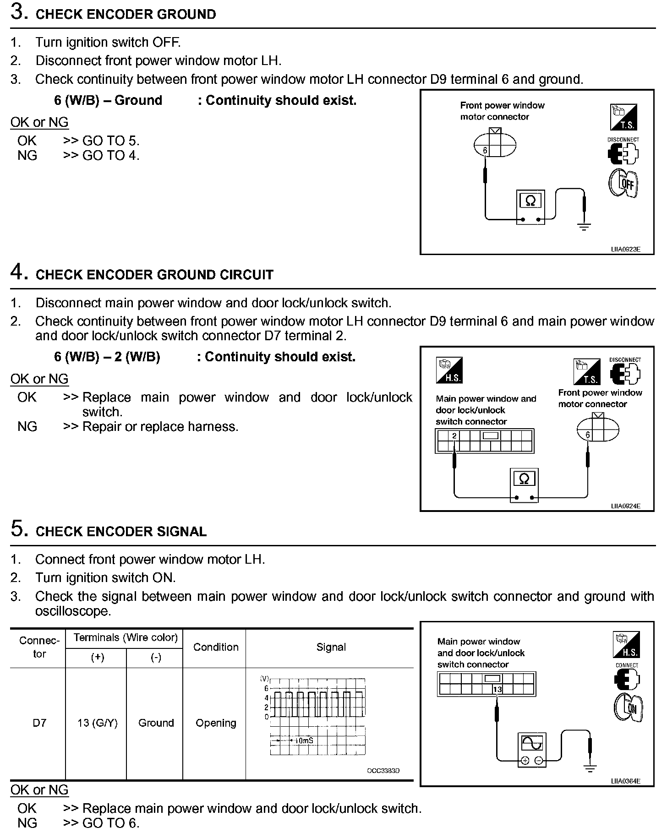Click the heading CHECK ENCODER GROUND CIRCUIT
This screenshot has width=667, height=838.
154,275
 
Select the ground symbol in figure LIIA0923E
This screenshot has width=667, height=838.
584,226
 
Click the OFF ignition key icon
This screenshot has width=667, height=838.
623,184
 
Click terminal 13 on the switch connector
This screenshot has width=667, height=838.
498,690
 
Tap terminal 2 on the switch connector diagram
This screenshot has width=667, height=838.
454,436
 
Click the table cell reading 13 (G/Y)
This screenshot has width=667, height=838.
97,723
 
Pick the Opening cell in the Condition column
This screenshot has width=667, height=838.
216,723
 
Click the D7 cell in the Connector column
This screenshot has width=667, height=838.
39,723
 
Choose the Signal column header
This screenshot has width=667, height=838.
331,647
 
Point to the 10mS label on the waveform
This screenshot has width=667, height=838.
304,740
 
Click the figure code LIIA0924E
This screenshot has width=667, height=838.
625,506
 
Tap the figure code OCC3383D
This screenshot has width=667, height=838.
383,771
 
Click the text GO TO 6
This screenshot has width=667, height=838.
111,823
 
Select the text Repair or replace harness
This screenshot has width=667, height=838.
160,427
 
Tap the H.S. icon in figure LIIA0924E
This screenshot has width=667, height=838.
449,370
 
